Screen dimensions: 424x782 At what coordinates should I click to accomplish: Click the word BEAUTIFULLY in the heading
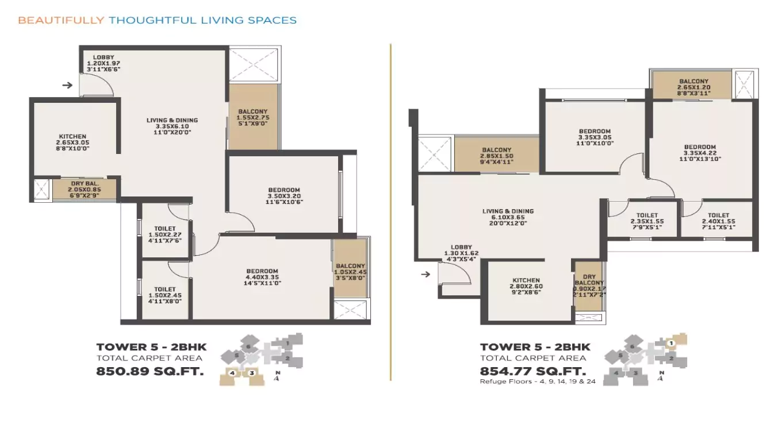60,20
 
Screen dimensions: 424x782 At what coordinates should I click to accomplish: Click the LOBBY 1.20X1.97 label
103,63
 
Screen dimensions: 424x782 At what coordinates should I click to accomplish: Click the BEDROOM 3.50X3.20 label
284,196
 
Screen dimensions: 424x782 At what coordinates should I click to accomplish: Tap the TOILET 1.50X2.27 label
165,234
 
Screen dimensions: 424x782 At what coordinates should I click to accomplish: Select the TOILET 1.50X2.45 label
165,295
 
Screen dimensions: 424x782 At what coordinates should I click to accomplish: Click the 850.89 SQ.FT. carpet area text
150,371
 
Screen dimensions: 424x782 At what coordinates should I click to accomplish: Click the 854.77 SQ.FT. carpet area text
533,371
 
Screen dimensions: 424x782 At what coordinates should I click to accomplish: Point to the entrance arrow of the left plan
68,86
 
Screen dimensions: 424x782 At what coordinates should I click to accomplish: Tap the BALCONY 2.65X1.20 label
693,87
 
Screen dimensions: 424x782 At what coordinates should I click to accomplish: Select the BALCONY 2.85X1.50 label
497,156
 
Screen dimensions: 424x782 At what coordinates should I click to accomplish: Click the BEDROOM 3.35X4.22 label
700,153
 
